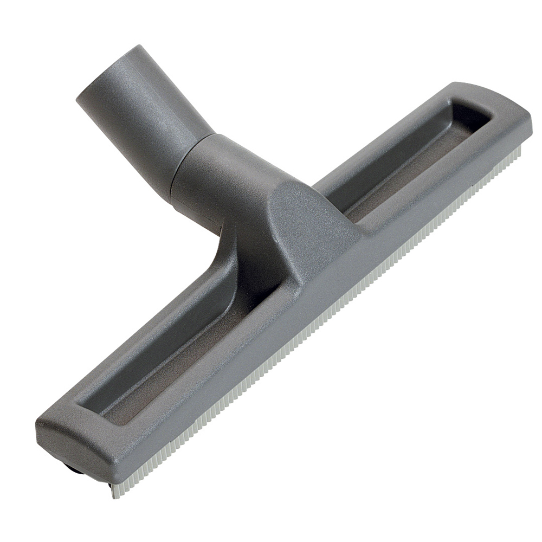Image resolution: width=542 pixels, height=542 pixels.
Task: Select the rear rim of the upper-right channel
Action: pos(379,141)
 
